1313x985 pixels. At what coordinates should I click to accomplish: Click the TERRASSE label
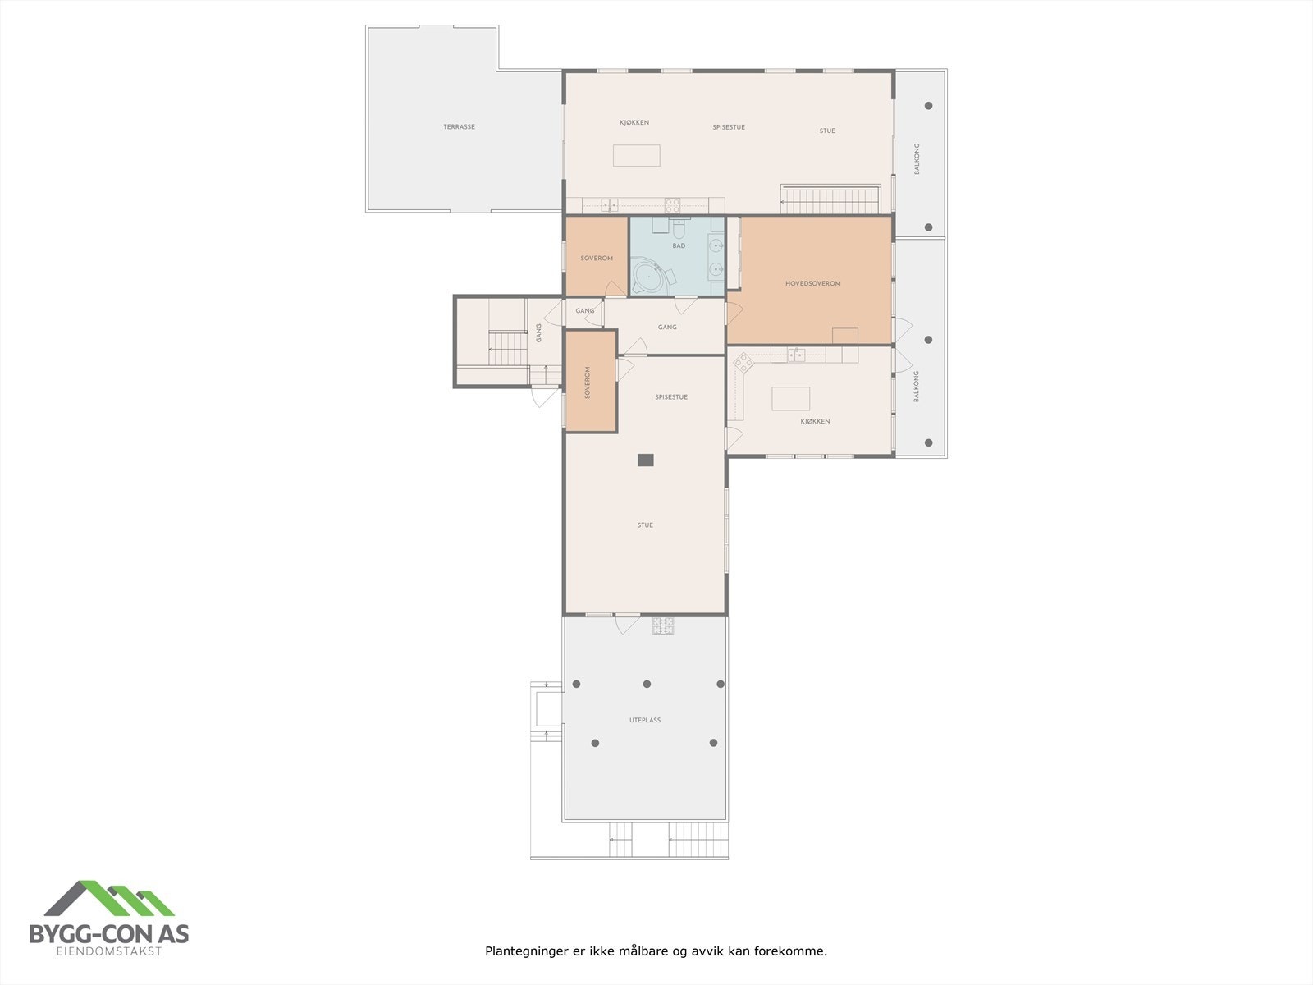[460, 127]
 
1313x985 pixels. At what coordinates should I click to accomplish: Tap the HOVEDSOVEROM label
[812, 283]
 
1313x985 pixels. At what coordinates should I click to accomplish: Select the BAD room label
[679, 245]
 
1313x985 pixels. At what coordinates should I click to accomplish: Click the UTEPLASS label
[645, 720]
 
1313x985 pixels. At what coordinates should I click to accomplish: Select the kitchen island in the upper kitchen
[637, 155]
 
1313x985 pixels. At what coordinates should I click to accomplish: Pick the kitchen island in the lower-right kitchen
[790, 399]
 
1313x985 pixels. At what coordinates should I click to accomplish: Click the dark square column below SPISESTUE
[646, 460]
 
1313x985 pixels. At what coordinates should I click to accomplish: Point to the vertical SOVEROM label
[588, 383]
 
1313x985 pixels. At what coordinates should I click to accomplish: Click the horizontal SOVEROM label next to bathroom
[597, 259]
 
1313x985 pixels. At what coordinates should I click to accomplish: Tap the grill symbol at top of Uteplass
[662, 627]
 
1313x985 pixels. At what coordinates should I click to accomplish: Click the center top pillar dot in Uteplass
[647, 684]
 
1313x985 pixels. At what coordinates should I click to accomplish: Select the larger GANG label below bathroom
[667, 327]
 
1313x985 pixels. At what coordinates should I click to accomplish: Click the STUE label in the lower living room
[645, 525]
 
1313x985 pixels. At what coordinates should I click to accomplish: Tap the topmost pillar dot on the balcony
[929, 105]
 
